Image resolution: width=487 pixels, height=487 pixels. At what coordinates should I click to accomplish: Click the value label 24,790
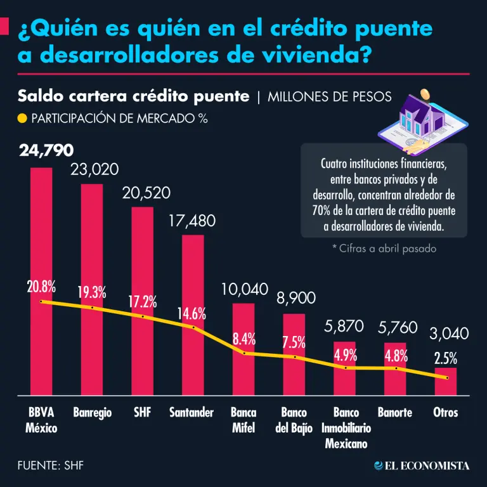46,151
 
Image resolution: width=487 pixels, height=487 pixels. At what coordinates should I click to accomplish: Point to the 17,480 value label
193,221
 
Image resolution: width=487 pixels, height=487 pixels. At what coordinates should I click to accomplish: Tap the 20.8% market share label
41,285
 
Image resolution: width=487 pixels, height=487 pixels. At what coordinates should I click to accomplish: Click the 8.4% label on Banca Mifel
244,339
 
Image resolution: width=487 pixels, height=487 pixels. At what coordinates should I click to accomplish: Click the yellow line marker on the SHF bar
143,316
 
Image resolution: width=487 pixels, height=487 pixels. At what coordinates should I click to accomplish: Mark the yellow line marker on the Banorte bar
396,368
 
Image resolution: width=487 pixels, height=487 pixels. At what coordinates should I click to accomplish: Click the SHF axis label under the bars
143,413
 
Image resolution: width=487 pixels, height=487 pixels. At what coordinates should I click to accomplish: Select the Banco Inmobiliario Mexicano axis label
346,428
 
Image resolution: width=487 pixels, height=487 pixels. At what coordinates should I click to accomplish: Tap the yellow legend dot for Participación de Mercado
22,118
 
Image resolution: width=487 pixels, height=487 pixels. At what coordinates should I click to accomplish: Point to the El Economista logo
422,465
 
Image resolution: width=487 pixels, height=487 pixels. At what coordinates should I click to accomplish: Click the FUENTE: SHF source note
51,465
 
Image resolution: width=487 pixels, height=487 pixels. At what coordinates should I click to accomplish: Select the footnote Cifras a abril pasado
384,249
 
